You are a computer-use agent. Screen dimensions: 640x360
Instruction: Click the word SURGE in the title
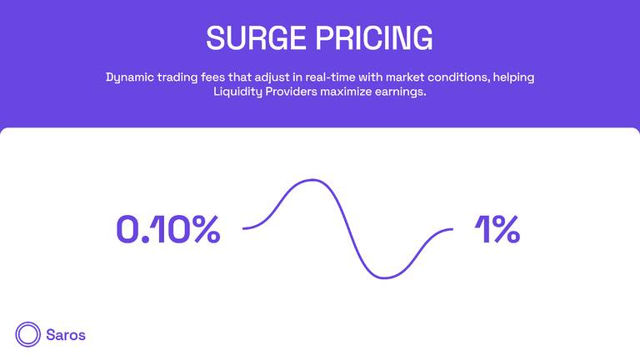[257, 38]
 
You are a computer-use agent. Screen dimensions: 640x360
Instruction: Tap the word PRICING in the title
[374, 38]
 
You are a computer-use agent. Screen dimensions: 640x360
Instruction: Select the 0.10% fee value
[168, 229]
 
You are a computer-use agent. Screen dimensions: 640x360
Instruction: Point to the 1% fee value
[497, 229]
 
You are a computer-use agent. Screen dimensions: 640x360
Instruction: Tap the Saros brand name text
[66, 335]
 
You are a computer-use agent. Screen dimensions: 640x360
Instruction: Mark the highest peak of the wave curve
[312, 180]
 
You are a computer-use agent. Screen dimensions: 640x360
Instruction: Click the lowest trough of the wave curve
[384, 278]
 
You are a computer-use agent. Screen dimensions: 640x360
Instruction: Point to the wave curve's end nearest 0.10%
[243, 228]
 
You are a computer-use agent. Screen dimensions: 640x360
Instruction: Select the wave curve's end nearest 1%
[452, 229]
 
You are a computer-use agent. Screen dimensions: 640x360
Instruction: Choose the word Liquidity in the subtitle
[237, 92]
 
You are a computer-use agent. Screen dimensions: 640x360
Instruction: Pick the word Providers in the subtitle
[291, 92]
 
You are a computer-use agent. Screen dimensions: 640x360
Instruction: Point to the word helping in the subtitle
[513, 77]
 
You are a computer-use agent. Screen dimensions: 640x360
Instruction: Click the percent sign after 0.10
[206, 229]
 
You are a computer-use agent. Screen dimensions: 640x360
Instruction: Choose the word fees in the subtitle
[212, 77]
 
